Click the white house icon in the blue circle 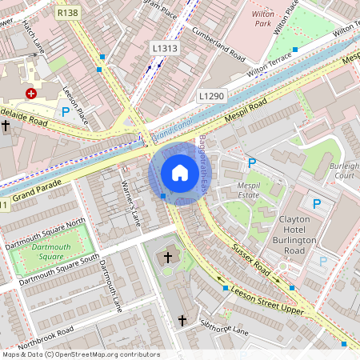pyautogui.click(x=180, y=173)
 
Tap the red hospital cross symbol pyautogui.click(x=31, y=94)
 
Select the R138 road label pyautogui.click(x=68, y=14)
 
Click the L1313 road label pyautogui.click(x=163, y=49)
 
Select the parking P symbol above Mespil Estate pyautogui.click(x=251, y=163)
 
